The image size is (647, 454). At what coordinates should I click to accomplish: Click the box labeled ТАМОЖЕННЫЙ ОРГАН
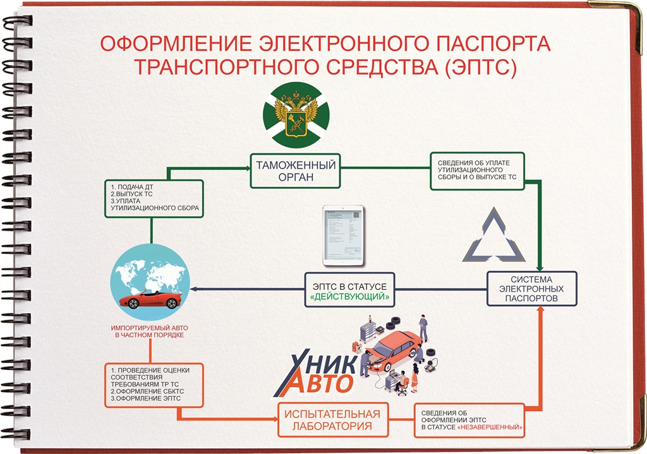296,170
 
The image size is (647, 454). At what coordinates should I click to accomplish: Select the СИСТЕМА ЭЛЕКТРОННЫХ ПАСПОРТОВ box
531,289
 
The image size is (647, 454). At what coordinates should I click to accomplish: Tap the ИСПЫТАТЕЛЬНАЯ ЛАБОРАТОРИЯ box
332,420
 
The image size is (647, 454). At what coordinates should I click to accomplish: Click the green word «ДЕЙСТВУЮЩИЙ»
349,297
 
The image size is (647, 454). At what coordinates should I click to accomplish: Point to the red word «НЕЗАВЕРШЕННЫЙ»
490,427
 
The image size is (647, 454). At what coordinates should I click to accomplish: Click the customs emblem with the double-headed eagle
296,114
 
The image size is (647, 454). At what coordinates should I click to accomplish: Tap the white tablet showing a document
343,235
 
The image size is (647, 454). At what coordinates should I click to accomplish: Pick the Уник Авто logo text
316,373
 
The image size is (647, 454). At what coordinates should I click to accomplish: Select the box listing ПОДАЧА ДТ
154,198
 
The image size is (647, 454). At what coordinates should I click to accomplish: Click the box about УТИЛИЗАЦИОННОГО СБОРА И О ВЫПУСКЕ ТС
477,170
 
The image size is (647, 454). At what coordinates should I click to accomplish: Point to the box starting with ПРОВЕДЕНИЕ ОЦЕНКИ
154,385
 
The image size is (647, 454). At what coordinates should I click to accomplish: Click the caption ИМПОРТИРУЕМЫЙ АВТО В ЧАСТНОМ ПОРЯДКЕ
149,332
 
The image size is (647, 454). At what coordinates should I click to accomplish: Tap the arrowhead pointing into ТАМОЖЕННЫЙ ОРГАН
247,168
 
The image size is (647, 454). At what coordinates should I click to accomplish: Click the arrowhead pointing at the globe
193,289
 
